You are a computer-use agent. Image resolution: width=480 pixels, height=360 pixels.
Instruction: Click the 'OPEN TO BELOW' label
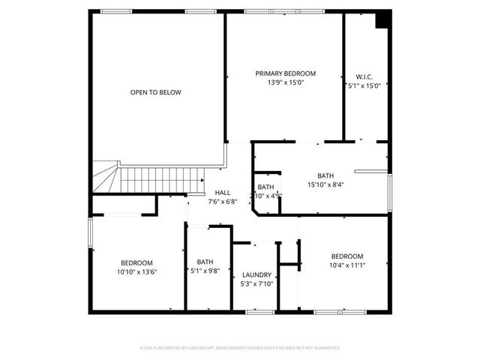155,93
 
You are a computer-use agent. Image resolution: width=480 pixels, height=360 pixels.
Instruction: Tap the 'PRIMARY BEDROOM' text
285,73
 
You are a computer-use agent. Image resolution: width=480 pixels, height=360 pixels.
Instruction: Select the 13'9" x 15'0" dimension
285,83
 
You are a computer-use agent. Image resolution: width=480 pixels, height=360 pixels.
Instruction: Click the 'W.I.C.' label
364,76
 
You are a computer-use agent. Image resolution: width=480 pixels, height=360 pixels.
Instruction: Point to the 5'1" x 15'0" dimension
364,86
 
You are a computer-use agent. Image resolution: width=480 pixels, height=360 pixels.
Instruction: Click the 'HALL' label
223,192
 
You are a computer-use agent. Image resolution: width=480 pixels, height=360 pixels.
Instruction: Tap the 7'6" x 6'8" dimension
223,201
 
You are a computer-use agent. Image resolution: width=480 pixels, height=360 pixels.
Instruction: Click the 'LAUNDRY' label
256,274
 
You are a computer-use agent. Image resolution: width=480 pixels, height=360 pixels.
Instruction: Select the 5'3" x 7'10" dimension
256,284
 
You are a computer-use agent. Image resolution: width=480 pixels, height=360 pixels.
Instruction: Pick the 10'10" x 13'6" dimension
137,272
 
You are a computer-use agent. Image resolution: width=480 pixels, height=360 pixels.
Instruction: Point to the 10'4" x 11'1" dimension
347,265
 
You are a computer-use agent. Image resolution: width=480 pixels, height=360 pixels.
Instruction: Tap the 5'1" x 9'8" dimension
205,271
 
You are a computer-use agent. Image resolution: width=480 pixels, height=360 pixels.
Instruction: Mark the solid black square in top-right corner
382,19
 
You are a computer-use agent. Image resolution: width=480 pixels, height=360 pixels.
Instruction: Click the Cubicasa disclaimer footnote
240,348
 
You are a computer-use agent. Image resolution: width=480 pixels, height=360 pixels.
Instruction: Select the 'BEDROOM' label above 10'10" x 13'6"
137,262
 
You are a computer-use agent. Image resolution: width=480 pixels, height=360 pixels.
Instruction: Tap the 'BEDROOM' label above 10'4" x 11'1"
347,256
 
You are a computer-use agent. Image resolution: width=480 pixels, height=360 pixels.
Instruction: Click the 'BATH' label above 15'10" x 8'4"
325,175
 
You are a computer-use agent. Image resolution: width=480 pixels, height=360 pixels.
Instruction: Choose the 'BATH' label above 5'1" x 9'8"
205,262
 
